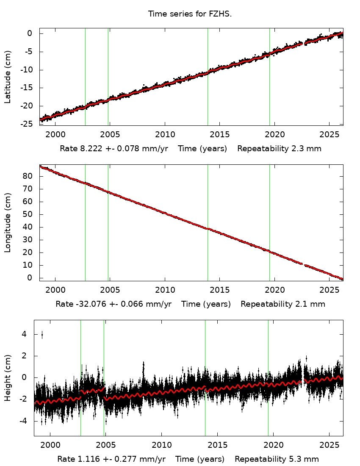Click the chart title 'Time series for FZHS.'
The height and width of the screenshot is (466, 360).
pyautogui.click(x=190, y=14)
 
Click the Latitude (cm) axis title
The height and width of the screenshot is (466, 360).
pyautogui.click(x=8, y=77)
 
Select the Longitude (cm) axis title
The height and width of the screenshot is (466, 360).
pyautogui.click(x=8, y=222)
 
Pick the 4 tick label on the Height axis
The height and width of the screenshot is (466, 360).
pyautogui.click(x=24, y=334)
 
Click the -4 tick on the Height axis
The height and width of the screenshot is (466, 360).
pyautogui.click(x=22, y=421)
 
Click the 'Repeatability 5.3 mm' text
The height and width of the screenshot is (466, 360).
pyautogui.click(x=277, y=459)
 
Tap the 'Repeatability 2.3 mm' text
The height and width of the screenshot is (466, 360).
pyautogui.click(x=279, y=149)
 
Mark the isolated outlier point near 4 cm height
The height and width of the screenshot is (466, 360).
pyautogui.click(x=42, y=335)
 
